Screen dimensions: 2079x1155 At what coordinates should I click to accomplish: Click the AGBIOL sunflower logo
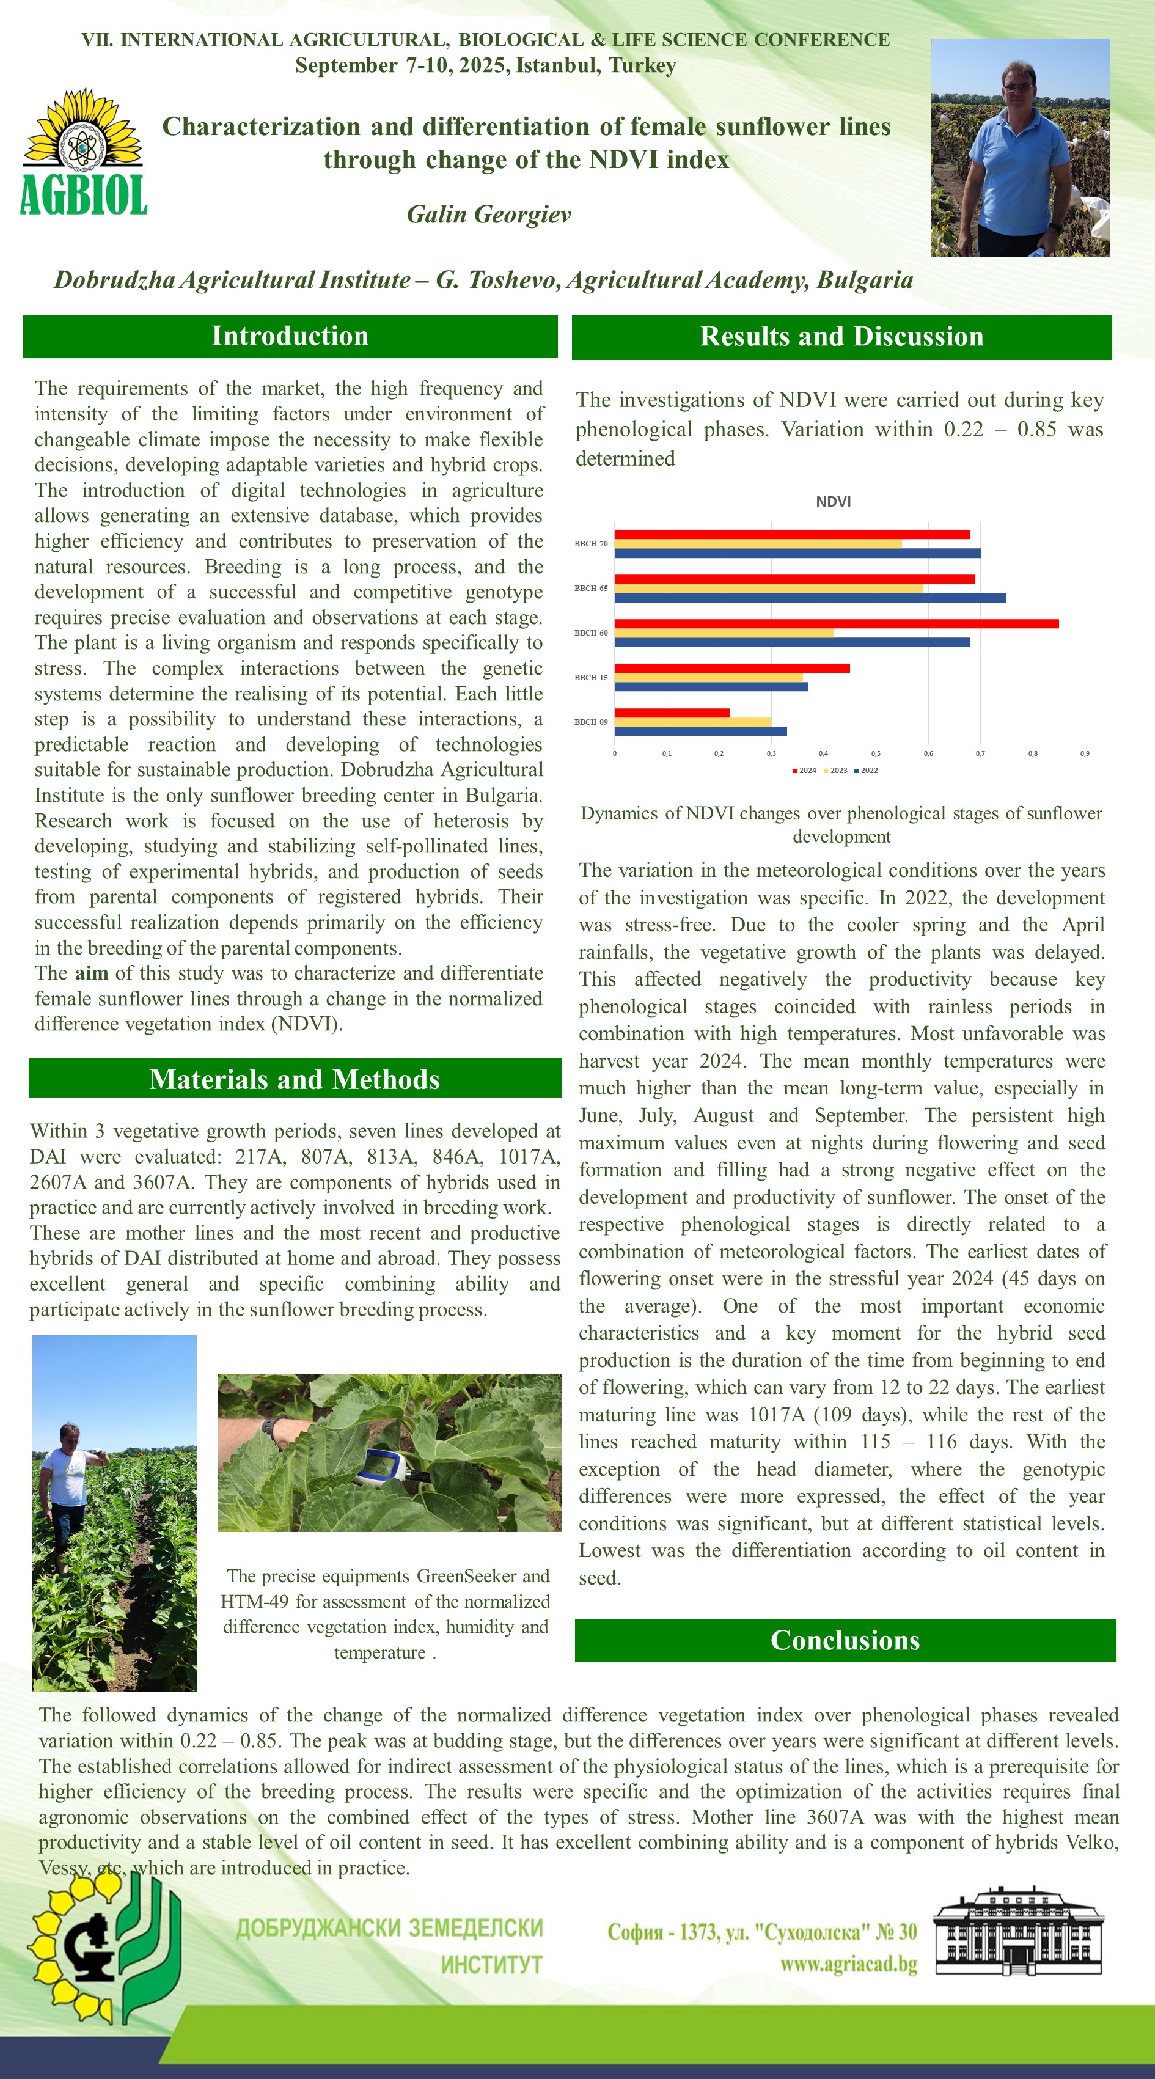click(x=83, y=152)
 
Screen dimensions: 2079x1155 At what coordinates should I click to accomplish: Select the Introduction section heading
click(x=290, y=335)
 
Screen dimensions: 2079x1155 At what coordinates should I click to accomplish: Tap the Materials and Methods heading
click(x=295, y=1079)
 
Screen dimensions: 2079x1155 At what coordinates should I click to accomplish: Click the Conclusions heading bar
click(x=845, y=1640)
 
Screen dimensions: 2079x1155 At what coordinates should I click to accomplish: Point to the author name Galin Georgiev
click(x=489, y=214)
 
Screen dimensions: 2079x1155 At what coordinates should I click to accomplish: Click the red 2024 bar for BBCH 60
click(x=836, y=623)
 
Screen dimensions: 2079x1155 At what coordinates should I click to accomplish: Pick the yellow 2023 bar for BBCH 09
click(x=692, y=722)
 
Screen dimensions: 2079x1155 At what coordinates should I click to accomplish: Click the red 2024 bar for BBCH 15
click(x=732, y=667)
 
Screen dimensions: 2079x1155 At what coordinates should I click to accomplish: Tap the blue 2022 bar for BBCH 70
click(x=797, y=553)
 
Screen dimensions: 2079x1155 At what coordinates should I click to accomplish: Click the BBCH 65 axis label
click(x=591, y=588)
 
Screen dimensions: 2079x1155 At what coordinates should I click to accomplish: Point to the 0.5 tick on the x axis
click(x=876, y=753)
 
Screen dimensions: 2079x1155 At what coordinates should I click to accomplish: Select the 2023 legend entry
click(x=835, y=771)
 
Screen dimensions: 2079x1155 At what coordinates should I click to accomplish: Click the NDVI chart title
click(x=833, y=501)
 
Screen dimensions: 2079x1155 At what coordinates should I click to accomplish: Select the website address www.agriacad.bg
click(x=848, y=1964)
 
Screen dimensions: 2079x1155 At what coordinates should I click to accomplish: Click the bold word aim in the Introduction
click(x=91, y=974)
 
